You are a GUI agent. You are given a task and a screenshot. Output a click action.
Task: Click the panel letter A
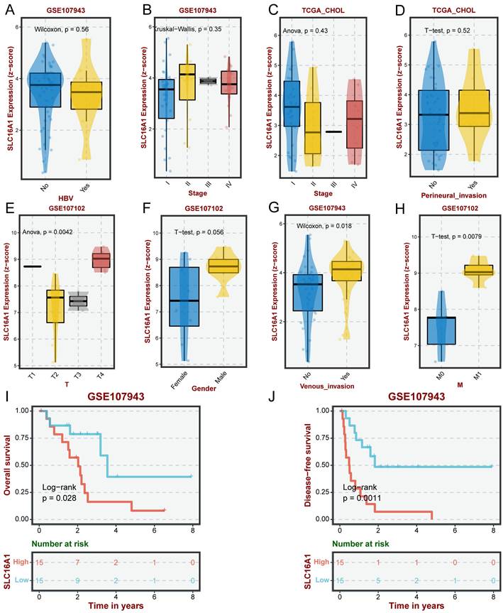[x=8, y=11]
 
